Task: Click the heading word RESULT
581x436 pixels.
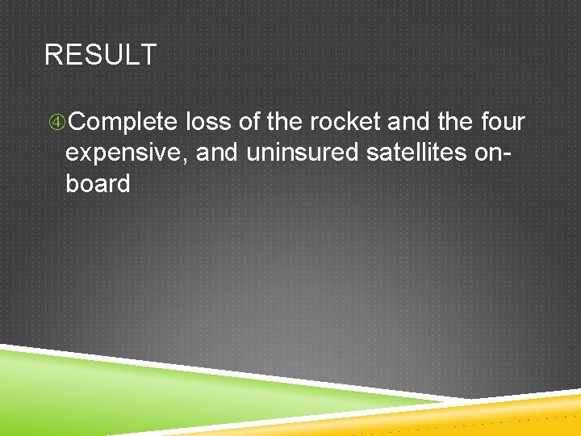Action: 100,56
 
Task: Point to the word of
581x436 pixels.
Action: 251,122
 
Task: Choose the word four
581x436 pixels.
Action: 503,122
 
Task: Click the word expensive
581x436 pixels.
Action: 127,153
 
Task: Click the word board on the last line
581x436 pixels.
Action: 98,183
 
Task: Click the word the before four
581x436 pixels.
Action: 455,122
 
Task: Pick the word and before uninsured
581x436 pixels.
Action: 217,153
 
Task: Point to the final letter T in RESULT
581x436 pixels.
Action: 148,56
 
